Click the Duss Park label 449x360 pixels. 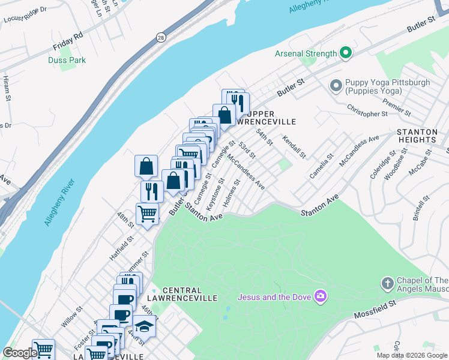coord(67,60)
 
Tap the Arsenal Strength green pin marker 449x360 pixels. coord(345,54)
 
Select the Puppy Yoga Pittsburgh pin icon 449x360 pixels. coord(336,86)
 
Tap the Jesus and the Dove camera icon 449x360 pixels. coord(321,296)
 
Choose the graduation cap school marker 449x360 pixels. coord(143,326)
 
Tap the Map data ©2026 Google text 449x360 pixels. coord(411,355)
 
